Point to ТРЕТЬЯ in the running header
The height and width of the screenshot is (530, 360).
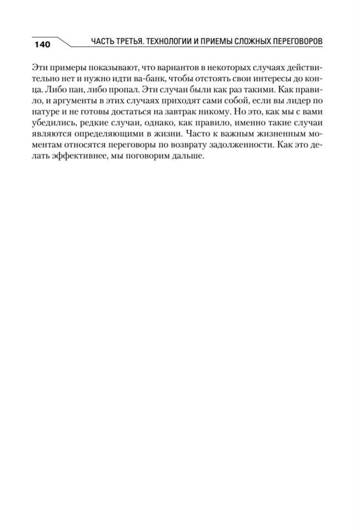[129, 42]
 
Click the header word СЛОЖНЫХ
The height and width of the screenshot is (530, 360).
[261, 42]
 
